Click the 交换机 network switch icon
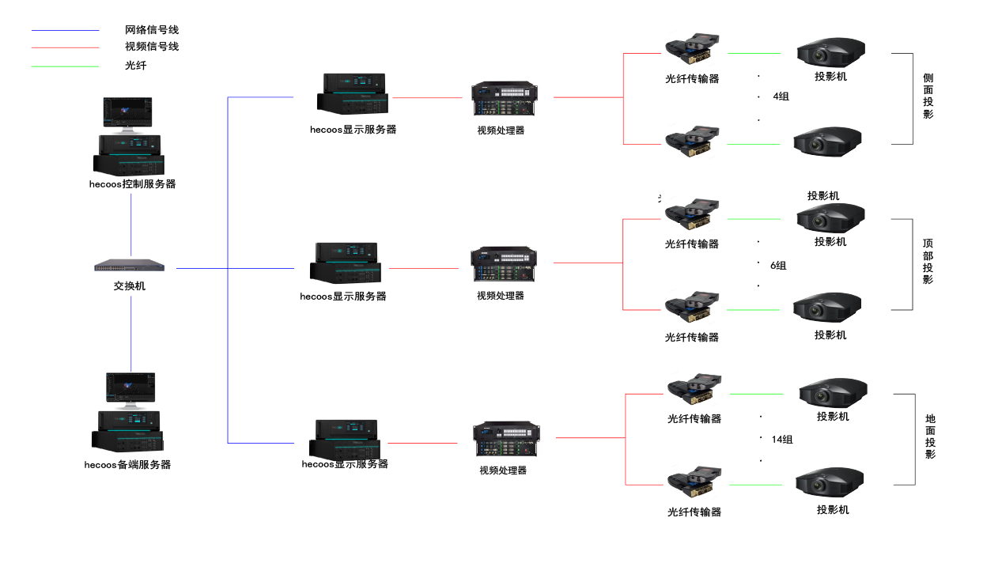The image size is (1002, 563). tap(130, 266)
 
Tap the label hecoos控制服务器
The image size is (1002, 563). tap(132, 184)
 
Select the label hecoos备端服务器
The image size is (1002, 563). tap(127, 465)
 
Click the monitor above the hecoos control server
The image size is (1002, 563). tap(127, 114)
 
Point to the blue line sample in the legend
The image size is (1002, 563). tap(65, 30)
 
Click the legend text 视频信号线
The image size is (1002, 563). tap(152, 47)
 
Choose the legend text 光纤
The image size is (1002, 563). tap(136, 66)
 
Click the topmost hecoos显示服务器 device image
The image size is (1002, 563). tap(352, 94)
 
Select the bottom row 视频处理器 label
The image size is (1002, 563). tap(503, 470)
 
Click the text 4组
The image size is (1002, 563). tap(781, 96)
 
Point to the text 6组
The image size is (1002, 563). tap(778, 266)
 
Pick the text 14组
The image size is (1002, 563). tap(782, 440)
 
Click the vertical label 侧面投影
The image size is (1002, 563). tap(928, 96)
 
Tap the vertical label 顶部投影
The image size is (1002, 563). tap(928, 262)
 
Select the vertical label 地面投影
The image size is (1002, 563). tap(930, 436)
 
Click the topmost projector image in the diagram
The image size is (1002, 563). tap(830, 52)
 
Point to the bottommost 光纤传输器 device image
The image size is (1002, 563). tap(694, 481)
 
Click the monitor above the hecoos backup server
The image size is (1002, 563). tap(130, 387)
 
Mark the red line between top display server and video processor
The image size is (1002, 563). tap(427, 98)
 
